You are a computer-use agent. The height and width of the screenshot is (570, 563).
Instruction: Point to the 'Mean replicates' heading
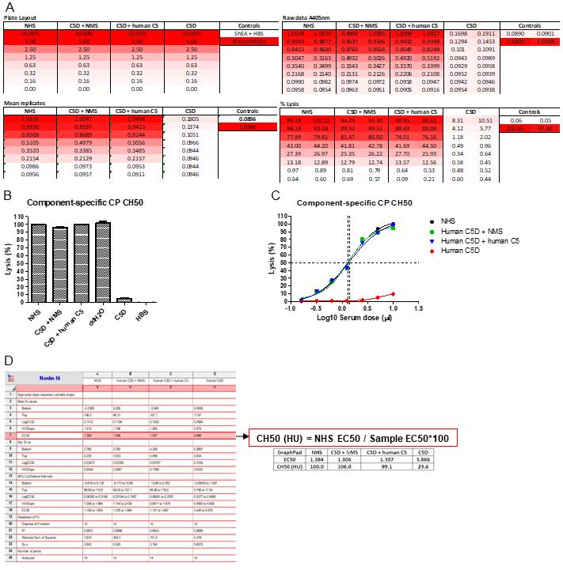[25, 104]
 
